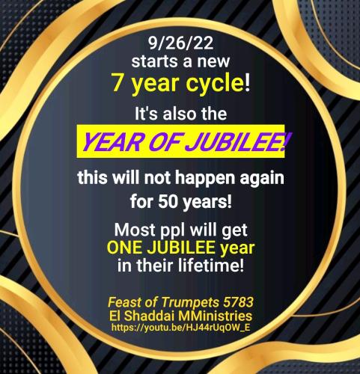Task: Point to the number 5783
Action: click(x=236, y=301)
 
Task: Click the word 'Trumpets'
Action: click(x=179, y=301)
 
